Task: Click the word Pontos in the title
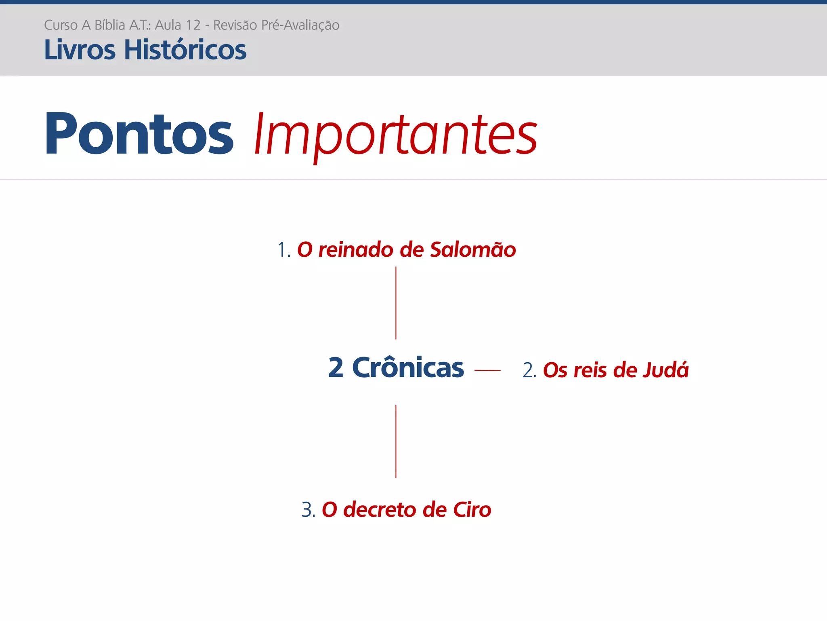click(139, 134)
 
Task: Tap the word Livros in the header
click(80, 50)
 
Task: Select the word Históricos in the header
click(185, 50)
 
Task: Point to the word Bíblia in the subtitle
click(109, 25)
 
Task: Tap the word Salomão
click(473, 249)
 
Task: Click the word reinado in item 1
click(356, 249)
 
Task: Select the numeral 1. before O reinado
click(283, 249)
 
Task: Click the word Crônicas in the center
click(408, 368)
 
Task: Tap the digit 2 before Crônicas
click(336, 368)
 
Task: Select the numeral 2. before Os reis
click(529, 370)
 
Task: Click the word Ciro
click(472, 509)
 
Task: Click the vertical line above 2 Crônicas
click(396, 303)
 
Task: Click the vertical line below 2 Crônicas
click(396, 441)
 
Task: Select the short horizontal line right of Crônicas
click(487, 370)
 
